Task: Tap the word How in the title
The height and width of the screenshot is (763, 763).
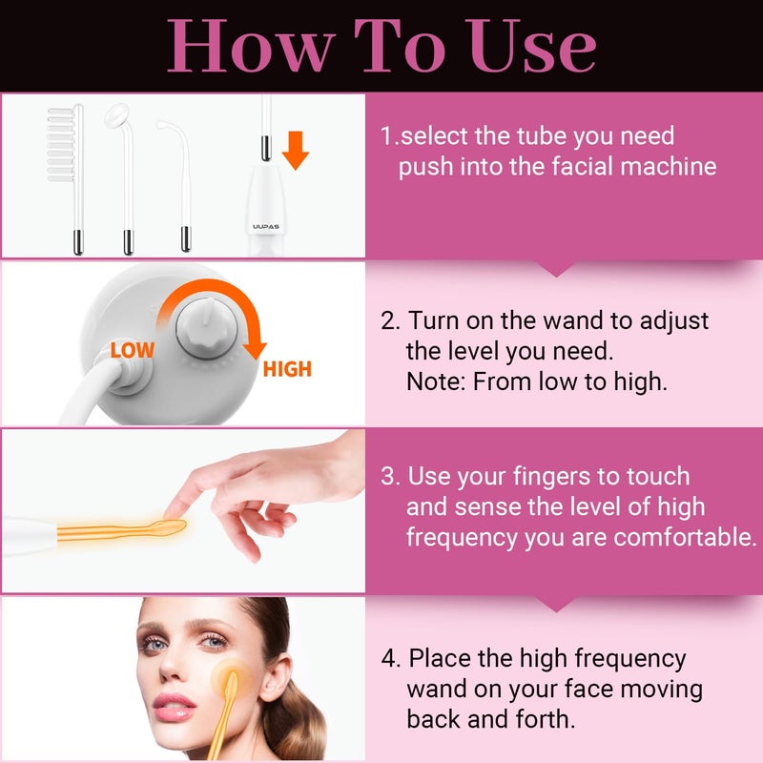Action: coord(251,45)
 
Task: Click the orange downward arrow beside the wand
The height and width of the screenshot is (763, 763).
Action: coord(295,150)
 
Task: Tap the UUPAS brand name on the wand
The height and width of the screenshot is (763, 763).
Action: coord(266,226)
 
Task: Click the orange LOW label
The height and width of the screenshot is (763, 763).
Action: coord(132,350)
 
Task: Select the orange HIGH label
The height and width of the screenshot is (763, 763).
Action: coord(287,369)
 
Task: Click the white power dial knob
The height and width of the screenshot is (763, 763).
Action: coord(206,327)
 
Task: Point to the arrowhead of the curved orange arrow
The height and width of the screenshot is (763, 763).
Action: coord(255,349)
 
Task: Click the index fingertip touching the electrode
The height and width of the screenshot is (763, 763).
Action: coord(172,512)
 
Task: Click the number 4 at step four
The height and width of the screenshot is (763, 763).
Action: coord(390,659)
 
